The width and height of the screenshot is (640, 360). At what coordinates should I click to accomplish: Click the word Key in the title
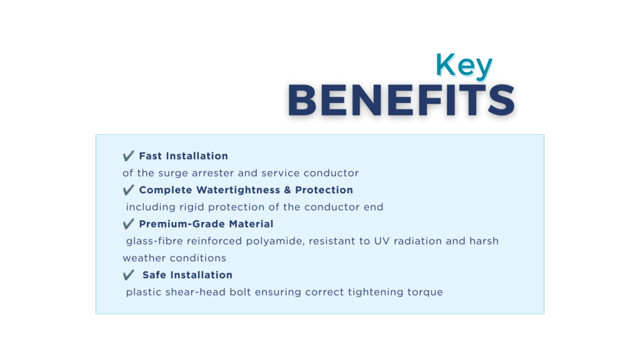(x=464, y=65)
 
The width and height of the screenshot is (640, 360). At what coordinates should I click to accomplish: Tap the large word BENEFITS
(x=401, y=101)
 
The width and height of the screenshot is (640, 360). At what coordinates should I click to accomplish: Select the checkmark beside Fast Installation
(x=128, y=156)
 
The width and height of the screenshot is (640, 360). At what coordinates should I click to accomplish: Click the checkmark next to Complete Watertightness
(x=128, y=190)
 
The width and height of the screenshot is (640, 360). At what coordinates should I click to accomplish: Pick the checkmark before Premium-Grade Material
(x=128, y=224)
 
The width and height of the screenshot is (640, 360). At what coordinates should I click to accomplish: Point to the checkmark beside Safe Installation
(x=128, y=275)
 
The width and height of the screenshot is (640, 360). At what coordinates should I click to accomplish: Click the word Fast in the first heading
(x=151, y=156)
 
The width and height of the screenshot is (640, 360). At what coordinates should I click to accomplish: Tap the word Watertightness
(x=238, y=190)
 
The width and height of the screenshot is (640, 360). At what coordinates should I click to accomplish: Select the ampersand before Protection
(x=287, y=190)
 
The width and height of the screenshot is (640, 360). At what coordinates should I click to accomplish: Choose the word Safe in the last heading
(x=154, y=275)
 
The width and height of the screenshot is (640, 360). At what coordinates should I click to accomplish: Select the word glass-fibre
(x=155, y=241)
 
